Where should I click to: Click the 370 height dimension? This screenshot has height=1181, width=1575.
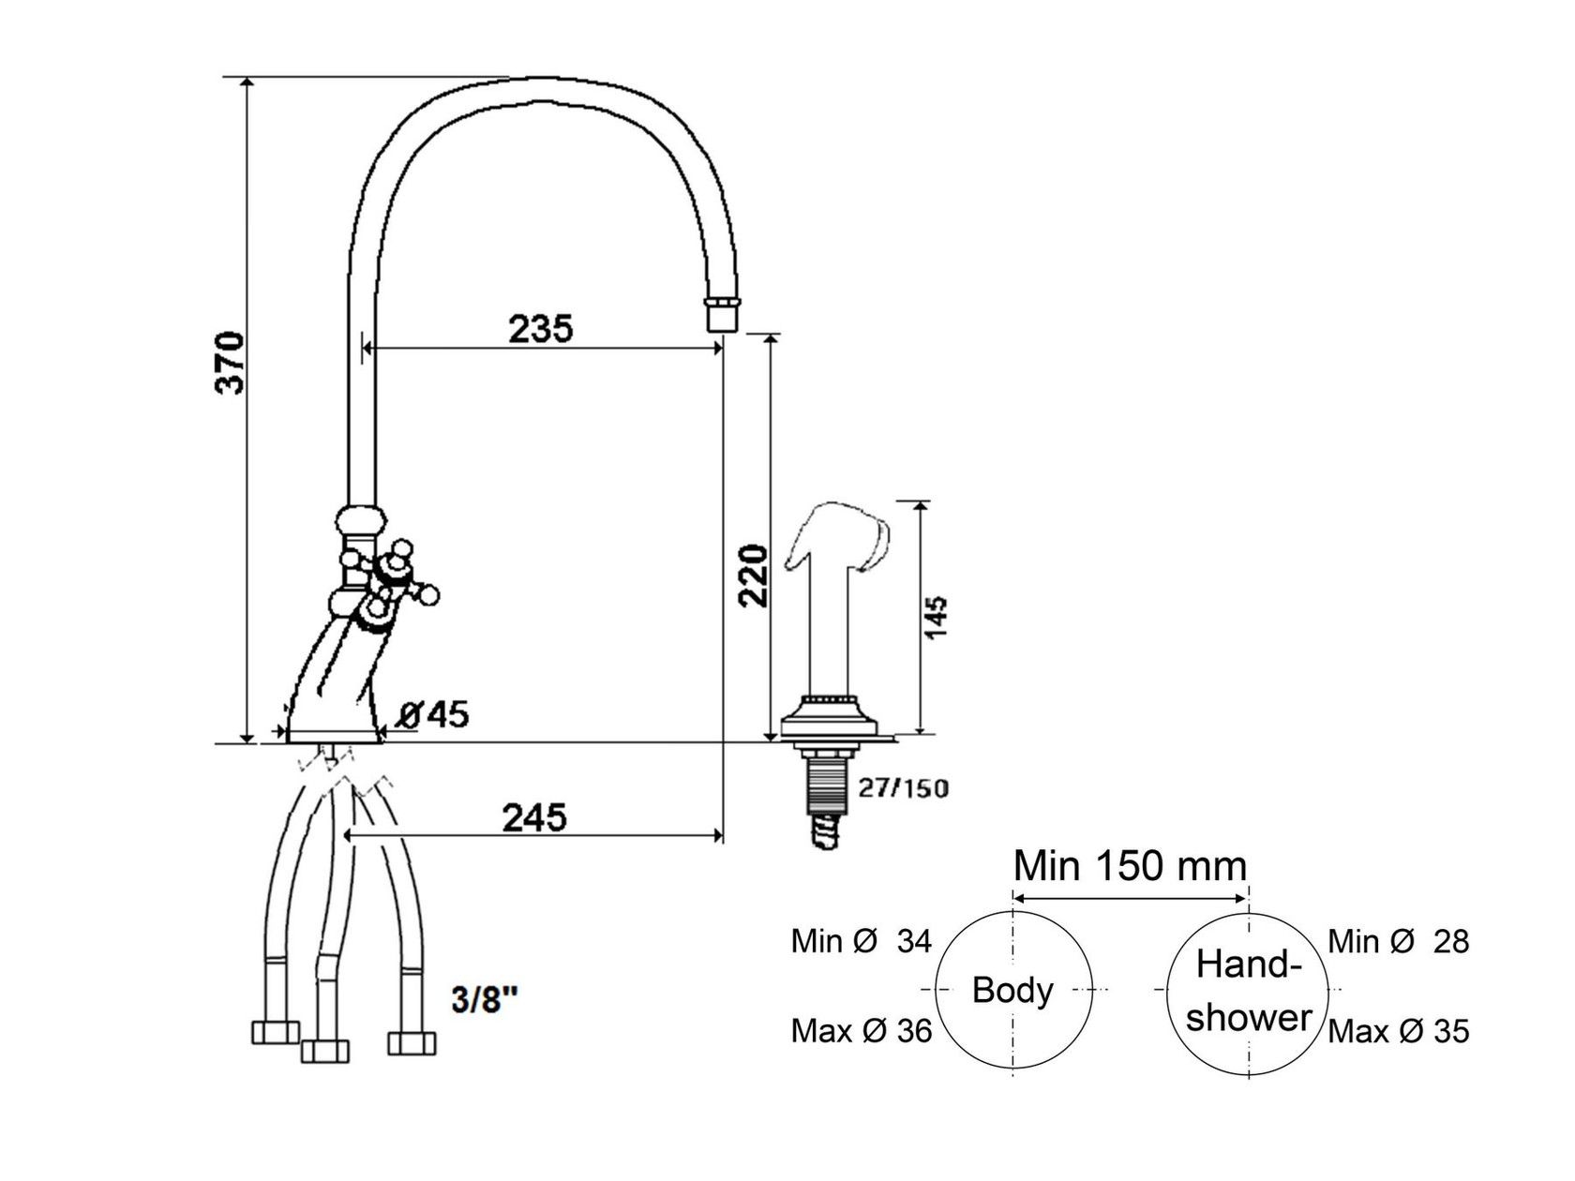pyautogui.click(x=230, y=363)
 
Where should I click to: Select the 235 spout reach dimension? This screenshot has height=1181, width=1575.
pyautogui.click(x=540, y=329)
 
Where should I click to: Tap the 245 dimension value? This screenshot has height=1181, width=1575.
pyautogui.click(x=534, y=817)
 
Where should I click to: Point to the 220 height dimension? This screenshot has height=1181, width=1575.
pyautogui.click(x=754, y=576)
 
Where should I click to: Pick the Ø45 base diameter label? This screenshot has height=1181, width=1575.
pyautogui.click(x=433, y=715)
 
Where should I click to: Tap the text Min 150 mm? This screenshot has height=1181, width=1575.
pyautogui.click(x=1131, y=865)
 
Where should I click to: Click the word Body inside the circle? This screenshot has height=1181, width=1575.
pyautogui.click(x=1012, y=990)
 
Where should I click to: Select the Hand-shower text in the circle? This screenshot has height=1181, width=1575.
pyautogui.click(x=1249, y=991)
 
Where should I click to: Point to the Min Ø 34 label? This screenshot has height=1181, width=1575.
pyautogui.click(x=861, y=941)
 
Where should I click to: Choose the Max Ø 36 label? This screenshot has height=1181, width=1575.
pyautogui.click(x=861, y=1031)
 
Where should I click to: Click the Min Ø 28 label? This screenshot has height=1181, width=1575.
pyautogui.click(x=1399, y=941)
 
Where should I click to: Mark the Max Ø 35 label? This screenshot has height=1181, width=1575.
pyautogui.click(x=1399, y=1031)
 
